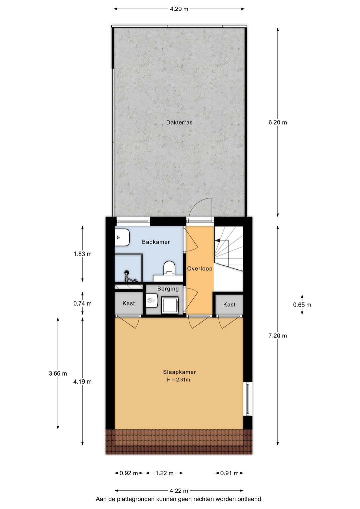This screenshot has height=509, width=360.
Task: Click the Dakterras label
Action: [179, 122]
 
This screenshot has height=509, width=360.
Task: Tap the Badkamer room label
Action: [156, 242]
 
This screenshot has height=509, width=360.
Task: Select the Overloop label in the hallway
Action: [199, 269]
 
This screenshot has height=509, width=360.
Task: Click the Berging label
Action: [168, 289]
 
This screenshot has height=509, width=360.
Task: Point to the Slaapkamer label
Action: [179, 372]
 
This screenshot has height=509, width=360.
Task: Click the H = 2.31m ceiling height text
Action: [178, 380]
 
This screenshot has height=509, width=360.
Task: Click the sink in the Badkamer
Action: [122, 237]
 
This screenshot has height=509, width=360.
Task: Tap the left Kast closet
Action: [128, 303]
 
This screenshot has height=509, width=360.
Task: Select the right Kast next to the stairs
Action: [229, 305]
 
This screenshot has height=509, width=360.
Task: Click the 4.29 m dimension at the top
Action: [179, 9]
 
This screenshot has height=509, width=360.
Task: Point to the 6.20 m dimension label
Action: [277, 122]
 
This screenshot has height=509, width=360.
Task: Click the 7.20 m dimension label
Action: [277, 336]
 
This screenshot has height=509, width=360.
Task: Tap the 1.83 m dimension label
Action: [82, 254]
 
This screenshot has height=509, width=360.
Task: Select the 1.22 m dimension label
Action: [164, 473]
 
